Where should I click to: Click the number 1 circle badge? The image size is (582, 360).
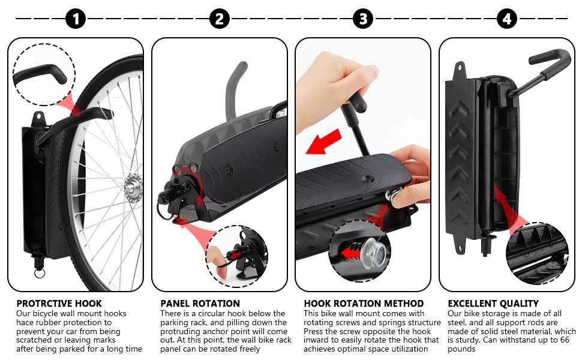pos(76,19)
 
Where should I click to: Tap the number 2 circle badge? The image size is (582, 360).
pos(220,19)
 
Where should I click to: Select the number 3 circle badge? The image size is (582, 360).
pos(363,19)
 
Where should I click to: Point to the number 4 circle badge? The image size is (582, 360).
pos(507,19)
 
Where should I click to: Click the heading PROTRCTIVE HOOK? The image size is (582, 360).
pos(59,304)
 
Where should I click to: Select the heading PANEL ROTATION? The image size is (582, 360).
pos(200,304)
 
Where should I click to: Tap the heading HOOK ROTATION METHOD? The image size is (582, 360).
pos(364,304)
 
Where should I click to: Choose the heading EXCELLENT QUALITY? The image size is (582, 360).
pos(493,304)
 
